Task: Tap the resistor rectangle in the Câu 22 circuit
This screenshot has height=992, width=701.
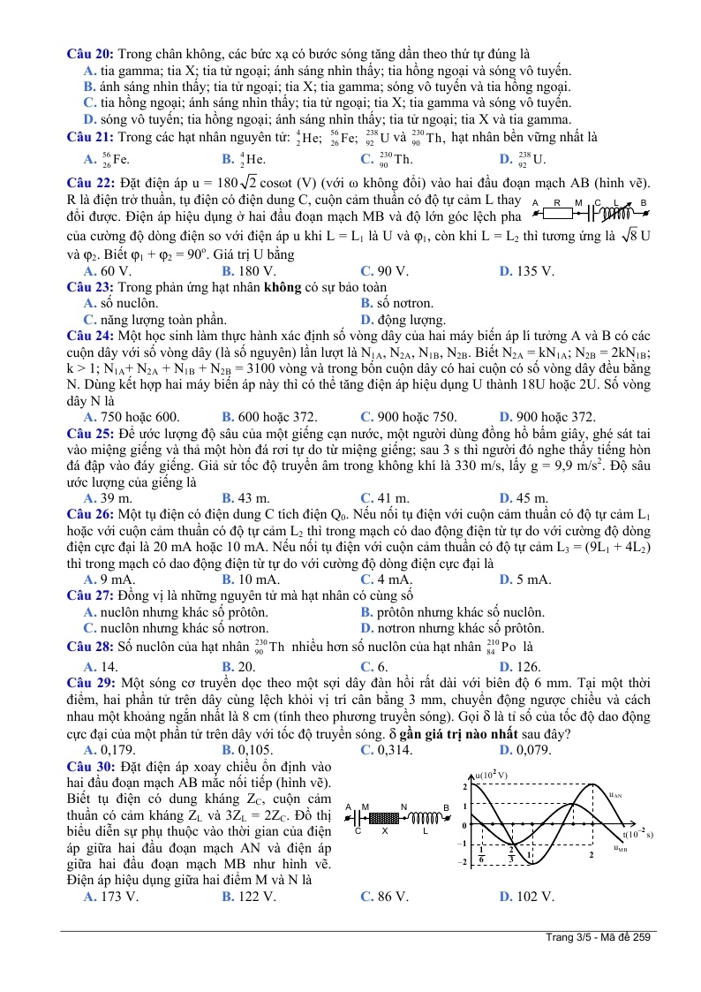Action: (558, 212)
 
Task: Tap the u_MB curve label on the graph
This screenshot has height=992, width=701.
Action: (621, 848)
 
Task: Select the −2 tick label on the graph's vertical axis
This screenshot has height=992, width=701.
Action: (461, 862)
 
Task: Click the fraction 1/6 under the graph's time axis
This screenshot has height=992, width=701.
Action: (481, 854)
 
